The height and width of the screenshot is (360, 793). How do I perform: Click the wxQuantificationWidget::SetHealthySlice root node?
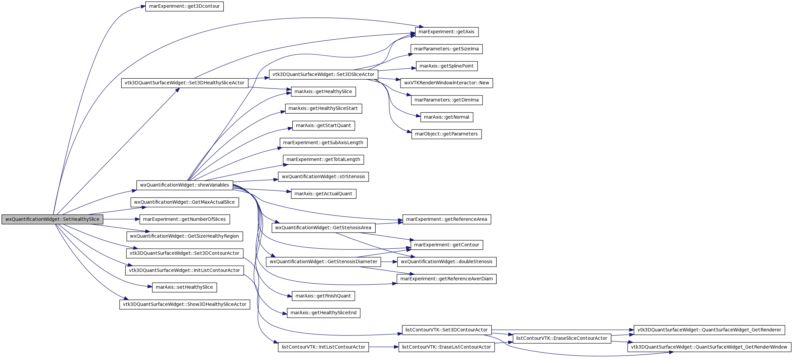coord(52,219)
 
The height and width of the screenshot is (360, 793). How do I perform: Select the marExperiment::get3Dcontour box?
coord(184,6)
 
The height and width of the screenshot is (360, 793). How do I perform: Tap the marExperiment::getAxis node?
coord(447,32)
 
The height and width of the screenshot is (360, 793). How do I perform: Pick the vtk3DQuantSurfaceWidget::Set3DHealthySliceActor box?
coord(184,83)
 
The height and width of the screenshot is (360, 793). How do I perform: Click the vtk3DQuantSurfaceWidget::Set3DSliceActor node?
coord(324,75)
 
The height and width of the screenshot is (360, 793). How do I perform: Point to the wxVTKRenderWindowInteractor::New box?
coord(447,83)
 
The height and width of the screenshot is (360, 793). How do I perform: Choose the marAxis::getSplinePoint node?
coord(447,66)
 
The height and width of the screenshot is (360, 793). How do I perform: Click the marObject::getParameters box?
coord(447,134)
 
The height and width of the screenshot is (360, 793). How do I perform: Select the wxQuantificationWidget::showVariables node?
coord(184,185)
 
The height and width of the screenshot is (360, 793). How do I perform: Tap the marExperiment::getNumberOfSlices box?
coord(184,219)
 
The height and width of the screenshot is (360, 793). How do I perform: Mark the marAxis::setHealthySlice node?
coord(184,287)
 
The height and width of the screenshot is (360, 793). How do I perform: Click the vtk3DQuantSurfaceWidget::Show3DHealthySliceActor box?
coord(184,305)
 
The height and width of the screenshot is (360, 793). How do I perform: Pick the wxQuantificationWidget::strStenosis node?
coord(324,177)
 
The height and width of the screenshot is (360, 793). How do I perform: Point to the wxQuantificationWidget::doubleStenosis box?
coord(447,262)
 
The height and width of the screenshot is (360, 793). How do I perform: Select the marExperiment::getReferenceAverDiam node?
coord(447,279)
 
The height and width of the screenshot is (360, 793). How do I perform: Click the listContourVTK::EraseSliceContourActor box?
coord(562,338)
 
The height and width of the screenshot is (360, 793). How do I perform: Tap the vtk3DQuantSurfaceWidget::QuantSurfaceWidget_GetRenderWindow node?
coord(709,347)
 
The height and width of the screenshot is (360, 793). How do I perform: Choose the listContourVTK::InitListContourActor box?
coord(324,347)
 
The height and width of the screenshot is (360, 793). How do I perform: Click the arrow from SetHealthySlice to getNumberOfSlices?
coord(121,219)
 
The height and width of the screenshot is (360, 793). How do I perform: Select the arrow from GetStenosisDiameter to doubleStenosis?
coord(389,262)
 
